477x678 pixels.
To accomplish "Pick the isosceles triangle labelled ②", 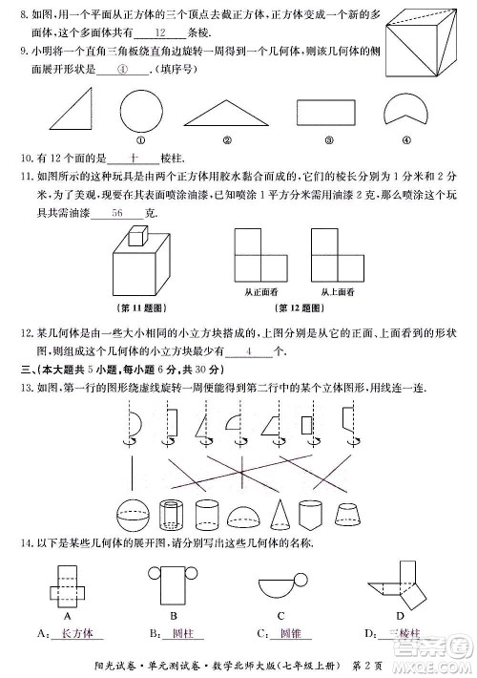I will (225, 114).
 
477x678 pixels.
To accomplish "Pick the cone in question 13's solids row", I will (280, 516).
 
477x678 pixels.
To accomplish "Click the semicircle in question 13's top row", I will (135, 421).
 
